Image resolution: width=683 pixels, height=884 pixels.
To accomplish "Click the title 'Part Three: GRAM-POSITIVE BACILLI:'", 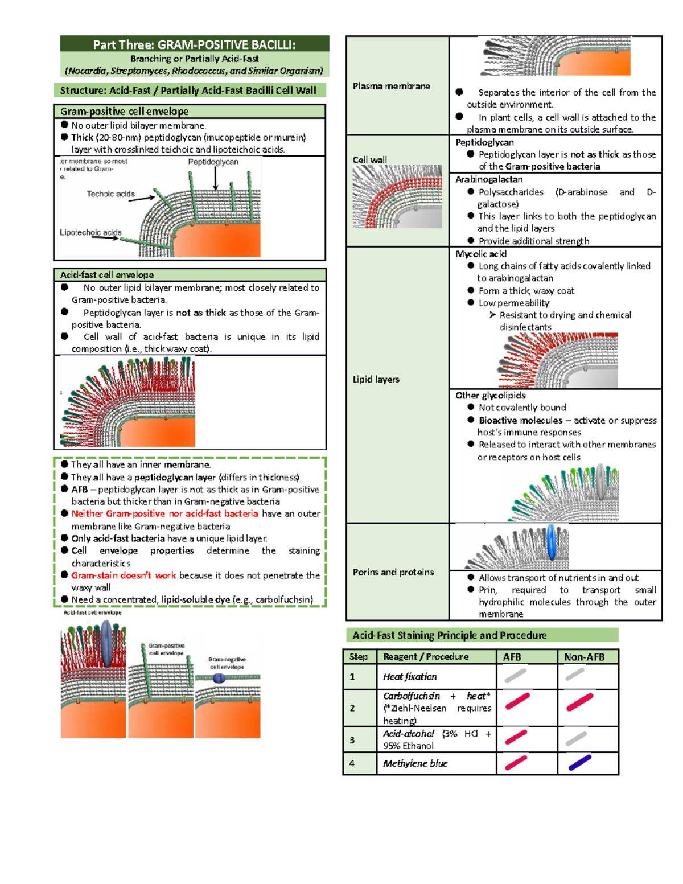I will click(x=194, y=44).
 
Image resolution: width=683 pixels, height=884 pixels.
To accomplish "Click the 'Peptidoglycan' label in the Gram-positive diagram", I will click(x=213, y=162).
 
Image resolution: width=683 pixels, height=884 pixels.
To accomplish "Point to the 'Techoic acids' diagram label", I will click(x=110, y=194).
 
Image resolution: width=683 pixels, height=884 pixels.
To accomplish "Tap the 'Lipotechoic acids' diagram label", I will click(x=90, y=232).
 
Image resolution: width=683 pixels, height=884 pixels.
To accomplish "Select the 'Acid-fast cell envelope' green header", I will click(x=107, y=275).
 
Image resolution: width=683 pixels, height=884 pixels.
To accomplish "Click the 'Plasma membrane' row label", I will click(x=391, y=86).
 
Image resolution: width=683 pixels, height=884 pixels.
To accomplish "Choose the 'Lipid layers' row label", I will click(x=376, y=379).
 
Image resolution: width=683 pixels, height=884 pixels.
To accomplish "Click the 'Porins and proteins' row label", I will click(x=393, y=572).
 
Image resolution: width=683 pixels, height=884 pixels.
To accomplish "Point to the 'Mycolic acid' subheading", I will click(x=480, y=254).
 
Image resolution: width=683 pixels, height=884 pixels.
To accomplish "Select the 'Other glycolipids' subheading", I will click(x=490, y=395).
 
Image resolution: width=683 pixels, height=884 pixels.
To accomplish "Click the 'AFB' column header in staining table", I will click(x=512, y=657).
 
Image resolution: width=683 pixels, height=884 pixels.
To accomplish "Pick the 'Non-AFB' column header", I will click(x=584, y=657).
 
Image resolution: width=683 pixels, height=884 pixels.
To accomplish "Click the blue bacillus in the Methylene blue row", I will click(x=580, y=763).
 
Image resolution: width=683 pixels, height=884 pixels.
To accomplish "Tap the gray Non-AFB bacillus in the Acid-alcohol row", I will click(x=577, y=738).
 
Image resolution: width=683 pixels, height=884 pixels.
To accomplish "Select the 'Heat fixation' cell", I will click(x=410, y=677).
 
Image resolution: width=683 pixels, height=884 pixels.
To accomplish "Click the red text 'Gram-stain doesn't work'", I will click(x=124, y=575).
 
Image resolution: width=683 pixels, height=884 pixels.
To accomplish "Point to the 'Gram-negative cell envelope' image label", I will click(x=227, y=663).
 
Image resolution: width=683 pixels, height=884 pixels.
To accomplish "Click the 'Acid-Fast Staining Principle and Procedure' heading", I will click(x=449, y=635).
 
